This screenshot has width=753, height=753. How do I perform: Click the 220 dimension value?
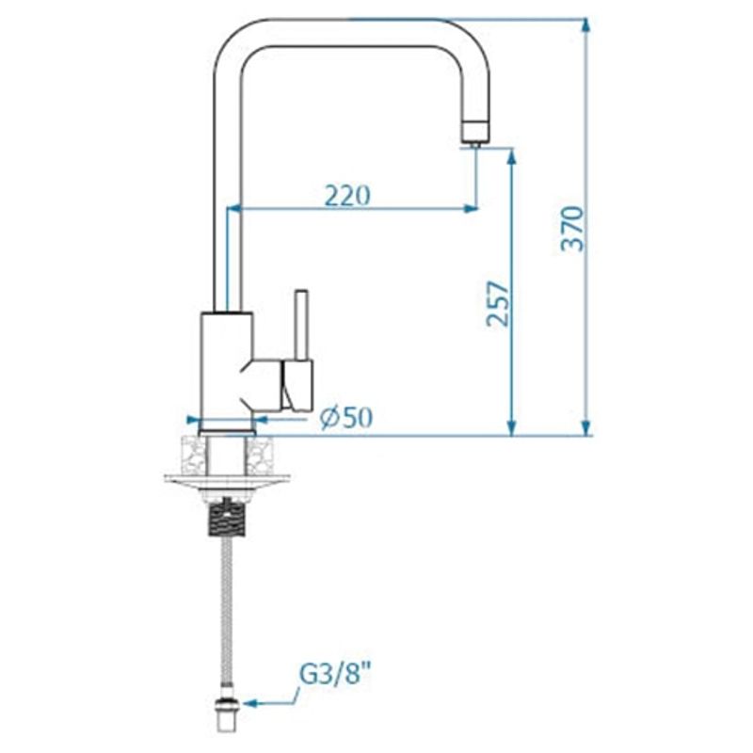(x=347, y=195)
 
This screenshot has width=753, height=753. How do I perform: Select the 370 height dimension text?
(x=572, y=228)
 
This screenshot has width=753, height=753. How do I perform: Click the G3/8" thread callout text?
(x=336, y=674)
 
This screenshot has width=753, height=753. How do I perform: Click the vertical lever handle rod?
(x=302, y=324)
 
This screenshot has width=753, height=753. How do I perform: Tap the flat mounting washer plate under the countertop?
(x=226, y=480)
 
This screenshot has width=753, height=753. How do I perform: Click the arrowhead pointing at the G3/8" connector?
(x=248, y=702)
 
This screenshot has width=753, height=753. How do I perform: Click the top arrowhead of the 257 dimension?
(x=512, y=156)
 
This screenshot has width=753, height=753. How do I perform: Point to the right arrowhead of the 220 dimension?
(x=470, y=208)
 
